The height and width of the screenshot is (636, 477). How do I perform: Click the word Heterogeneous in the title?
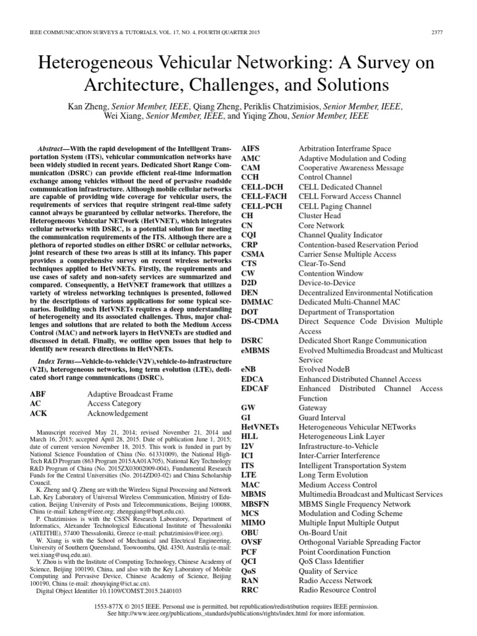point(101,64)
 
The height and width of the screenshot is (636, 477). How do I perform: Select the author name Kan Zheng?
point(98,106)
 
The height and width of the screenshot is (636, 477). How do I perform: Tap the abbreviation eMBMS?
point(257,350)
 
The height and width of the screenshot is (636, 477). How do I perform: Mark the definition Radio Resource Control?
point(337,590)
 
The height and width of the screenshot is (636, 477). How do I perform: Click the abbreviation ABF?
point(38,394)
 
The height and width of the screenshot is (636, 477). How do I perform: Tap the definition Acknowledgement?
point(117,413)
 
